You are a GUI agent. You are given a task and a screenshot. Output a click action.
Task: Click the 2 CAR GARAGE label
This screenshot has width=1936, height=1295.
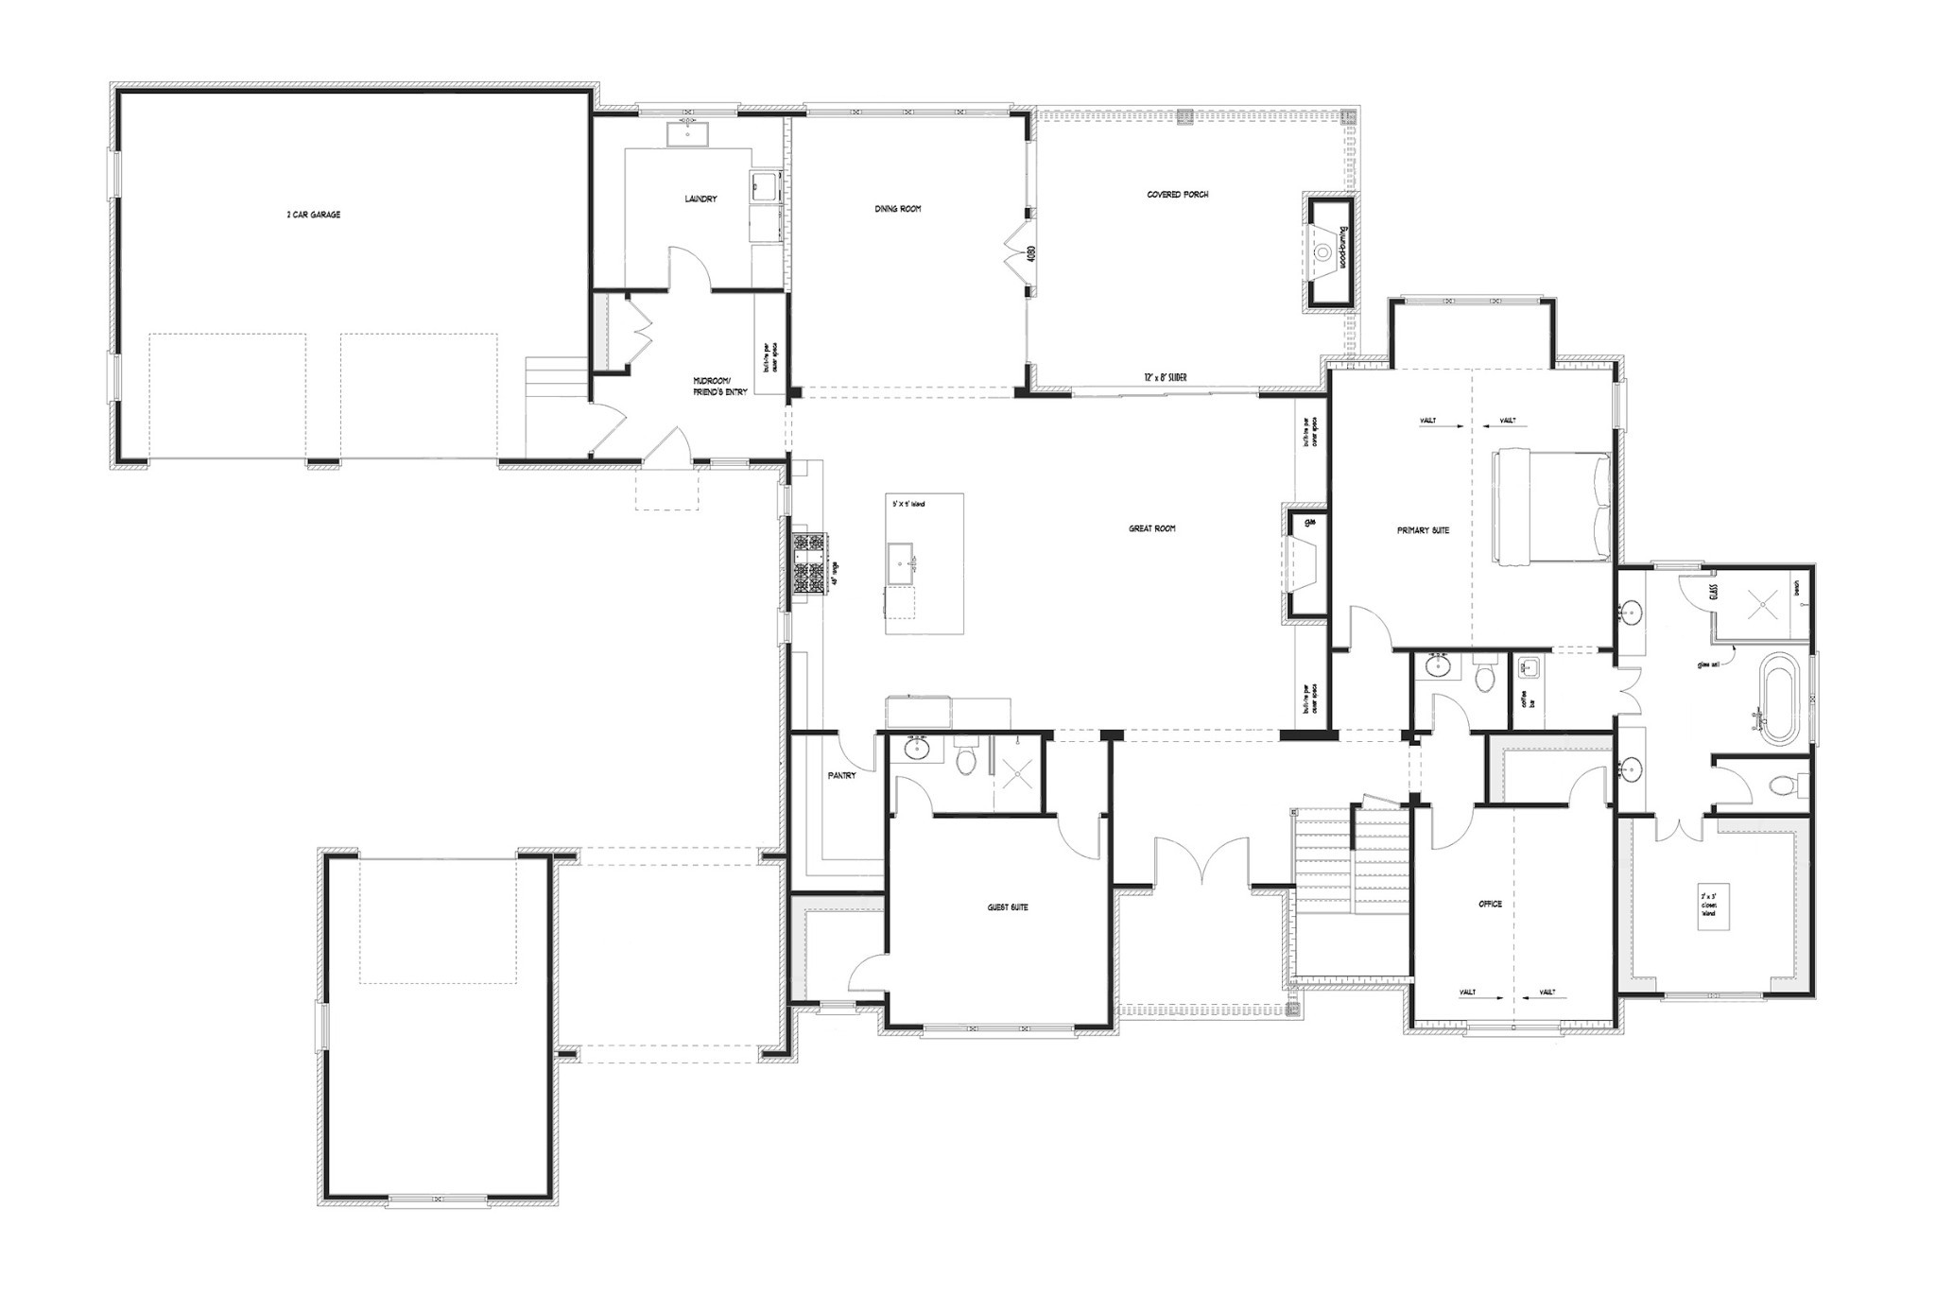(314, 215)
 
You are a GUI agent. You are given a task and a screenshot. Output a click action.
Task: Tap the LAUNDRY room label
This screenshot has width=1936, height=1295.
(700, 199)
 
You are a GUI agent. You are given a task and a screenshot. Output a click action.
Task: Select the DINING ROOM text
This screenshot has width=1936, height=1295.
(897, 209)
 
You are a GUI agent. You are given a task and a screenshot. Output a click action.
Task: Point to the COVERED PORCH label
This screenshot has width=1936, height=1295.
(1177, 195)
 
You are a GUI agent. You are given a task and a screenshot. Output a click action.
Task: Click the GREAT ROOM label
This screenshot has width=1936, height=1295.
(1151, 529)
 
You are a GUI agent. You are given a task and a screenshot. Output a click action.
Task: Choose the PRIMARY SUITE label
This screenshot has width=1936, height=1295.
(1423, 530)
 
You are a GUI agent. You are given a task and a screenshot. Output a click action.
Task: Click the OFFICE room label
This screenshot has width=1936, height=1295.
(1490, 904)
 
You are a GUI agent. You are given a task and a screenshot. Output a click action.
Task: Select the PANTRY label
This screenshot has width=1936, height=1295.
(841, 776)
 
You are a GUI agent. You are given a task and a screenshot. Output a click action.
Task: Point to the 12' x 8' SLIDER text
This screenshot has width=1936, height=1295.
(1165, 378)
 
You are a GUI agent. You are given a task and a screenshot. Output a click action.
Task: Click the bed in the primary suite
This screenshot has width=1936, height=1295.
(1550, 507)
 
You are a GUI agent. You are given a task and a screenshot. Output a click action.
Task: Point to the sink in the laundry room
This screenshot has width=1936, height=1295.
(687, 134)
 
